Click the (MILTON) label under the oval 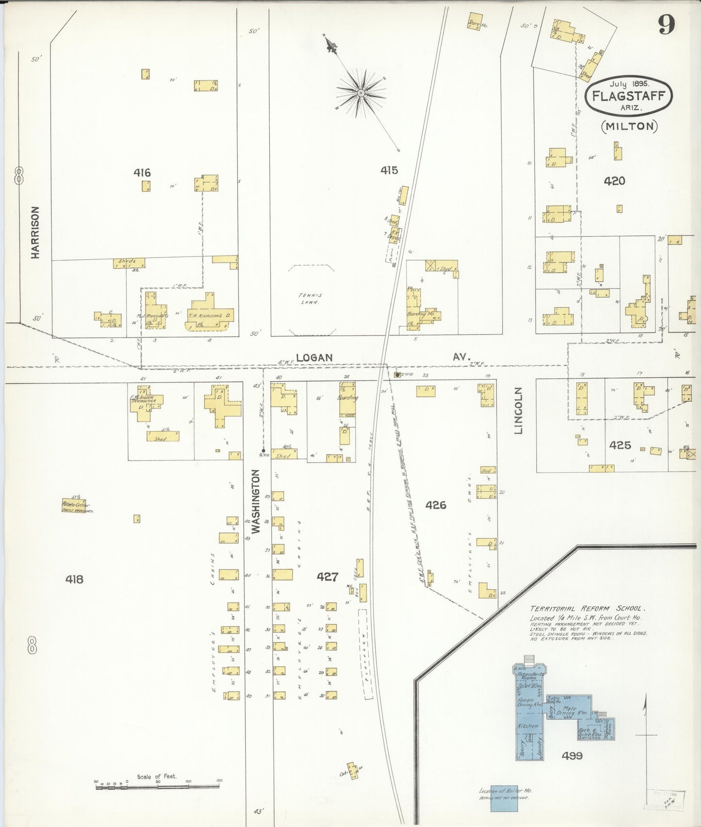pos(630,126)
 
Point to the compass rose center pos(361,92)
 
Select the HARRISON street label pos(35,233)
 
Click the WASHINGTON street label pos(257,501)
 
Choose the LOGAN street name pos(314,357)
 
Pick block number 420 pos(614,181)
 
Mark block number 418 pos(75,579)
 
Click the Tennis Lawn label pos(310,298)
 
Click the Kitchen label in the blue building pos(528,726)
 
